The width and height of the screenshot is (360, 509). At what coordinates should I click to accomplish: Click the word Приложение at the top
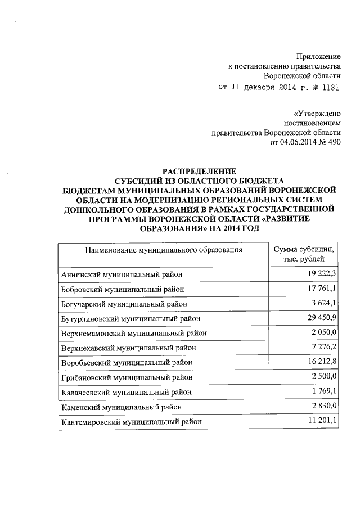318,57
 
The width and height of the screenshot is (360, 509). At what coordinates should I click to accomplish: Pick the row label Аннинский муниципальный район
123,274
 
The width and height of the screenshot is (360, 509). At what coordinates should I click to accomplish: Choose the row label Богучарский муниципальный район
123,304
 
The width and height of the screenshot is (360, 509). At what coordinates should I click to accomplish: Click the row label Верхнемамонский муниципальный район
134,333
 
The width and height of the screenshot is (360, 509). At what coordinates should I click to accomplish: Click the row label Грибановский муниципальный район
127,377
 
